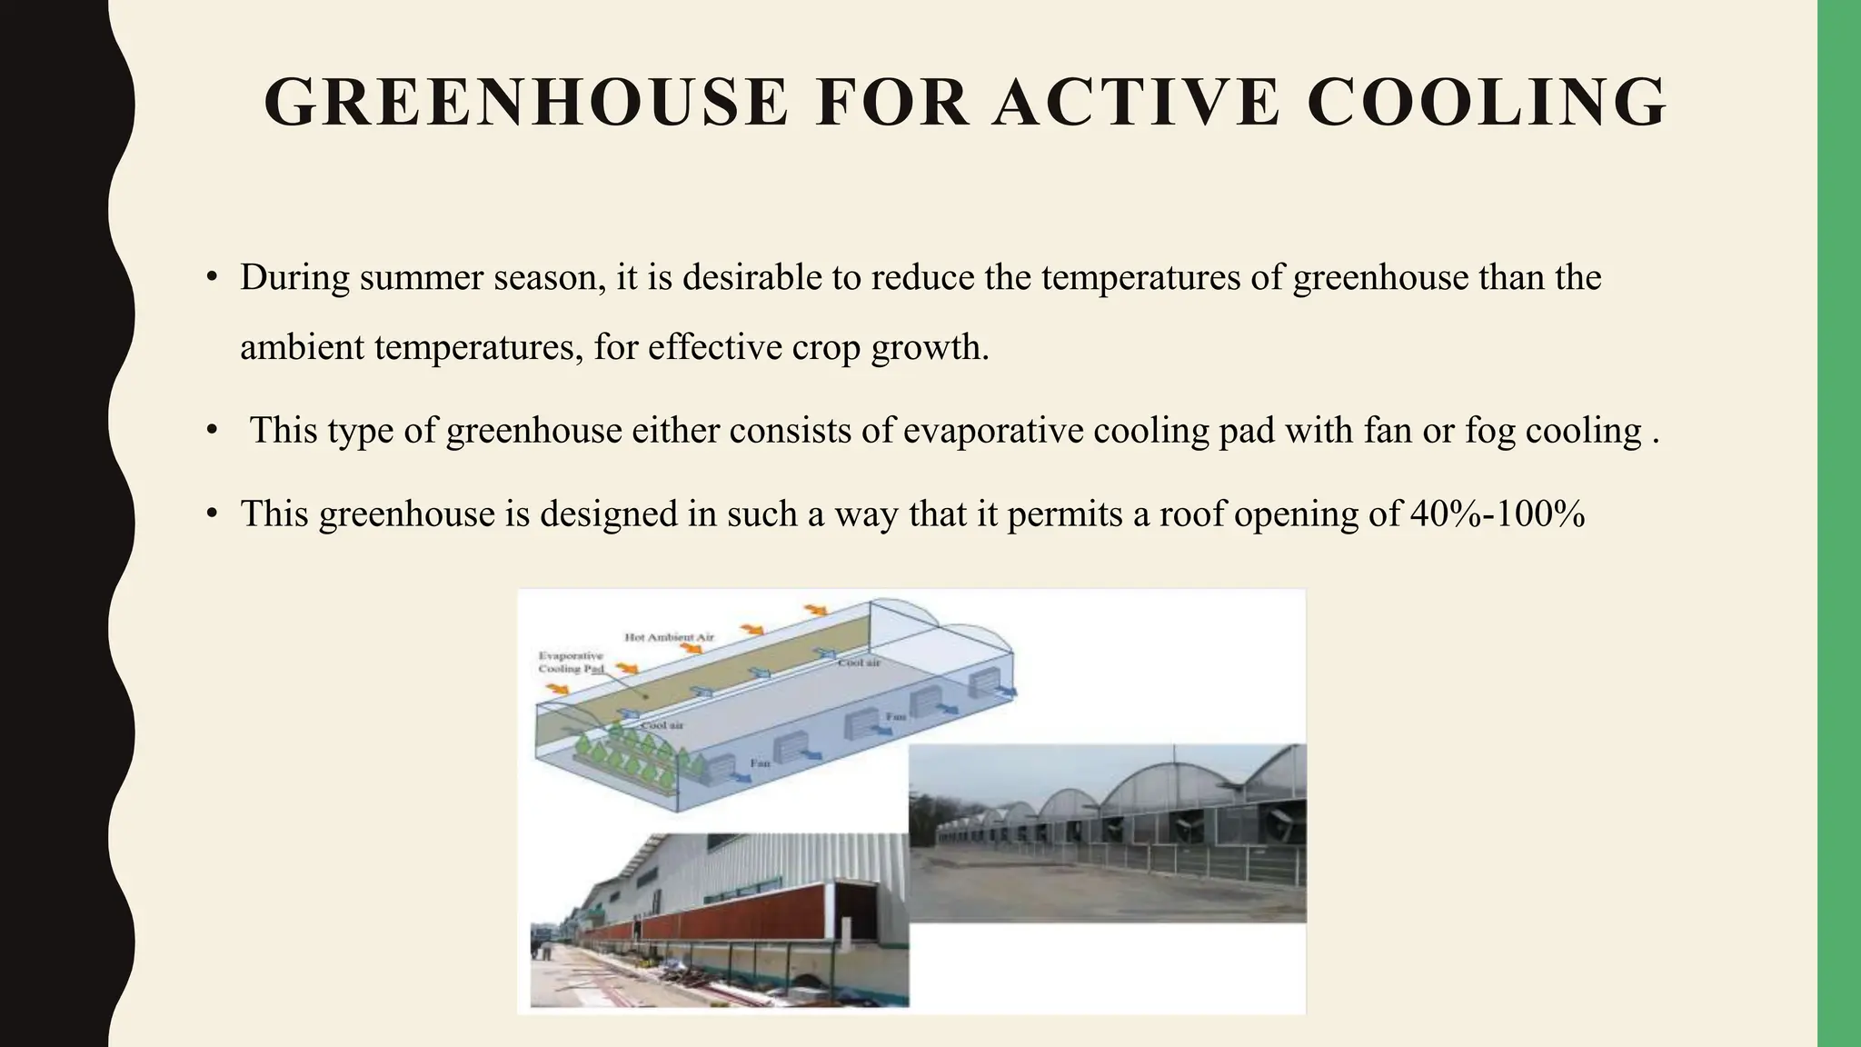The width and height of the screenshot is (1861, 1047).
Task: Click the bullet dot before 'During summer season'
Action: click(x=212, y=277)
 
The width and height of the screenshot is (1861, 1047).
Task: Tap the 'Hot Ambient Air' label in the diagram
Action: click(x=669, y=637)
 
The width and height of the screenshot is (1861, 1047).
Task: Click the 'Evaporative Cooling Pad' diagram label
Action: click(x=571, y=662)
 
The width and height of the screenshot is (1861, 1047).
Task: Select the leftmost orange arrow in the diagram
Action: click(x=553, y=690)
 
